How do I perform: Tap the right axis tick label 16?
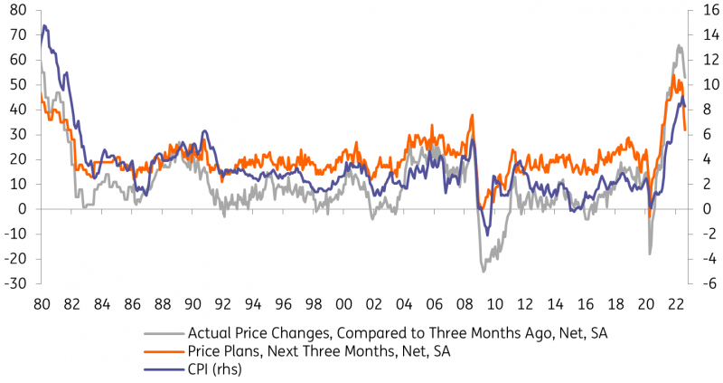(704, 10)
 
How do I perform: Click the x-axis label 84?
(102, 304)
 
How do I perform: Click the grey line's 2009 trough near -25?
(484, 271)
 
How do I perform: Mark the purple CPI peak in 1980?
(45, 26)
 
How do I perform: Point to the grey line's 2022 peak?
(678, 45)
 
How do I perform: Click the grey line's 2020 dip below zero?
(649, 254)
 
